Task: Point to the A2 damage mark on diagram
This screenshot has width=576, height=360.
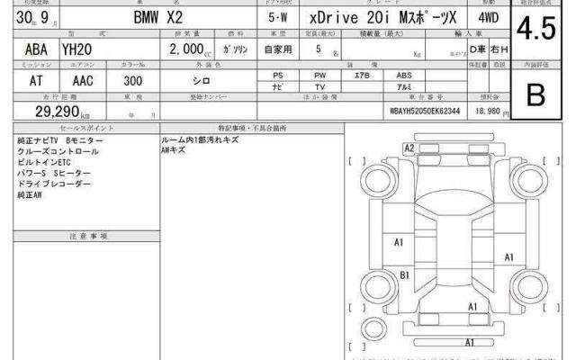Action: click(409, 148)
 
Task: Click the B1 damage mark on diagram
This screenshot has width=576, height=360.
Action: click(405, 275)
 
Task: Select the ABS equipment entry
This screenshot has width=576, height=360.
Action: click(405, 75)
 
